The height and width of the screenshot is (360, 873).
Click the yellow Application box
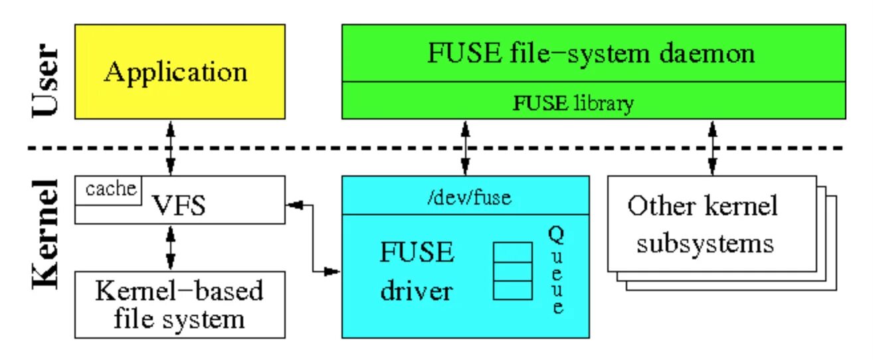coord(179,72)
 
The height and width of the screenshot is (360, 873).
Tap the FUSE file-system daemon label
coord(591,53)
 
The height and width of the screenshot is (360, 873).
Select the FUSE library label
coord(573,103)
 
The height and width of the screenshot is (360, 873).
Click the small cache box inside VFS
coord(108,191)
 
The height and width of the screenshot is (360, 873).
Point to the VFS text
coord(179,205)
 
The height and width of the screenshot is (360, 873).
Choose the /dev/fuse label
coord(469,197)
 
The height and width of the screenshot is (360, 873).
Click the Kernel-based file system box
coord(179,305)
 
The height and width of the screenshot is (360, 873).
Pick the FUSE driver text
coord(417,272)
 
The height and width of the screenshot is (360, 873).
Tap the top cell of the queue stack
coord(513,252)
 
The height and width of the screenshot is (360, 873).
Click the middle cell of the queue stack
coord(513,272)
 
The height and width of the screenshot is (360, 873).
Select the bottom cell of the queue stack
coord(513,290)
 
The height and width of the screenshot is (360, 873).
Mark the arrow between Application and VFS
coord(170,147)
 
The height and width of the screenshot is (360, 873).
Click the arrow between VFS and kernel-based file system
coord(170,248)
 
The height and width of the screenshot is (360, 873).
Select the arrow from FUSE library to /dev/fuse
coord(465,147)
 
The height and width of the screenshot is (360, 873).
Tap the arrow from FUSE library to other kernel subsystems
coord(712,147)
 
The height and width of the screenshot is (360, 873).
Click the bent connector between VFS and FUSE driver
coord(312,238)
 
